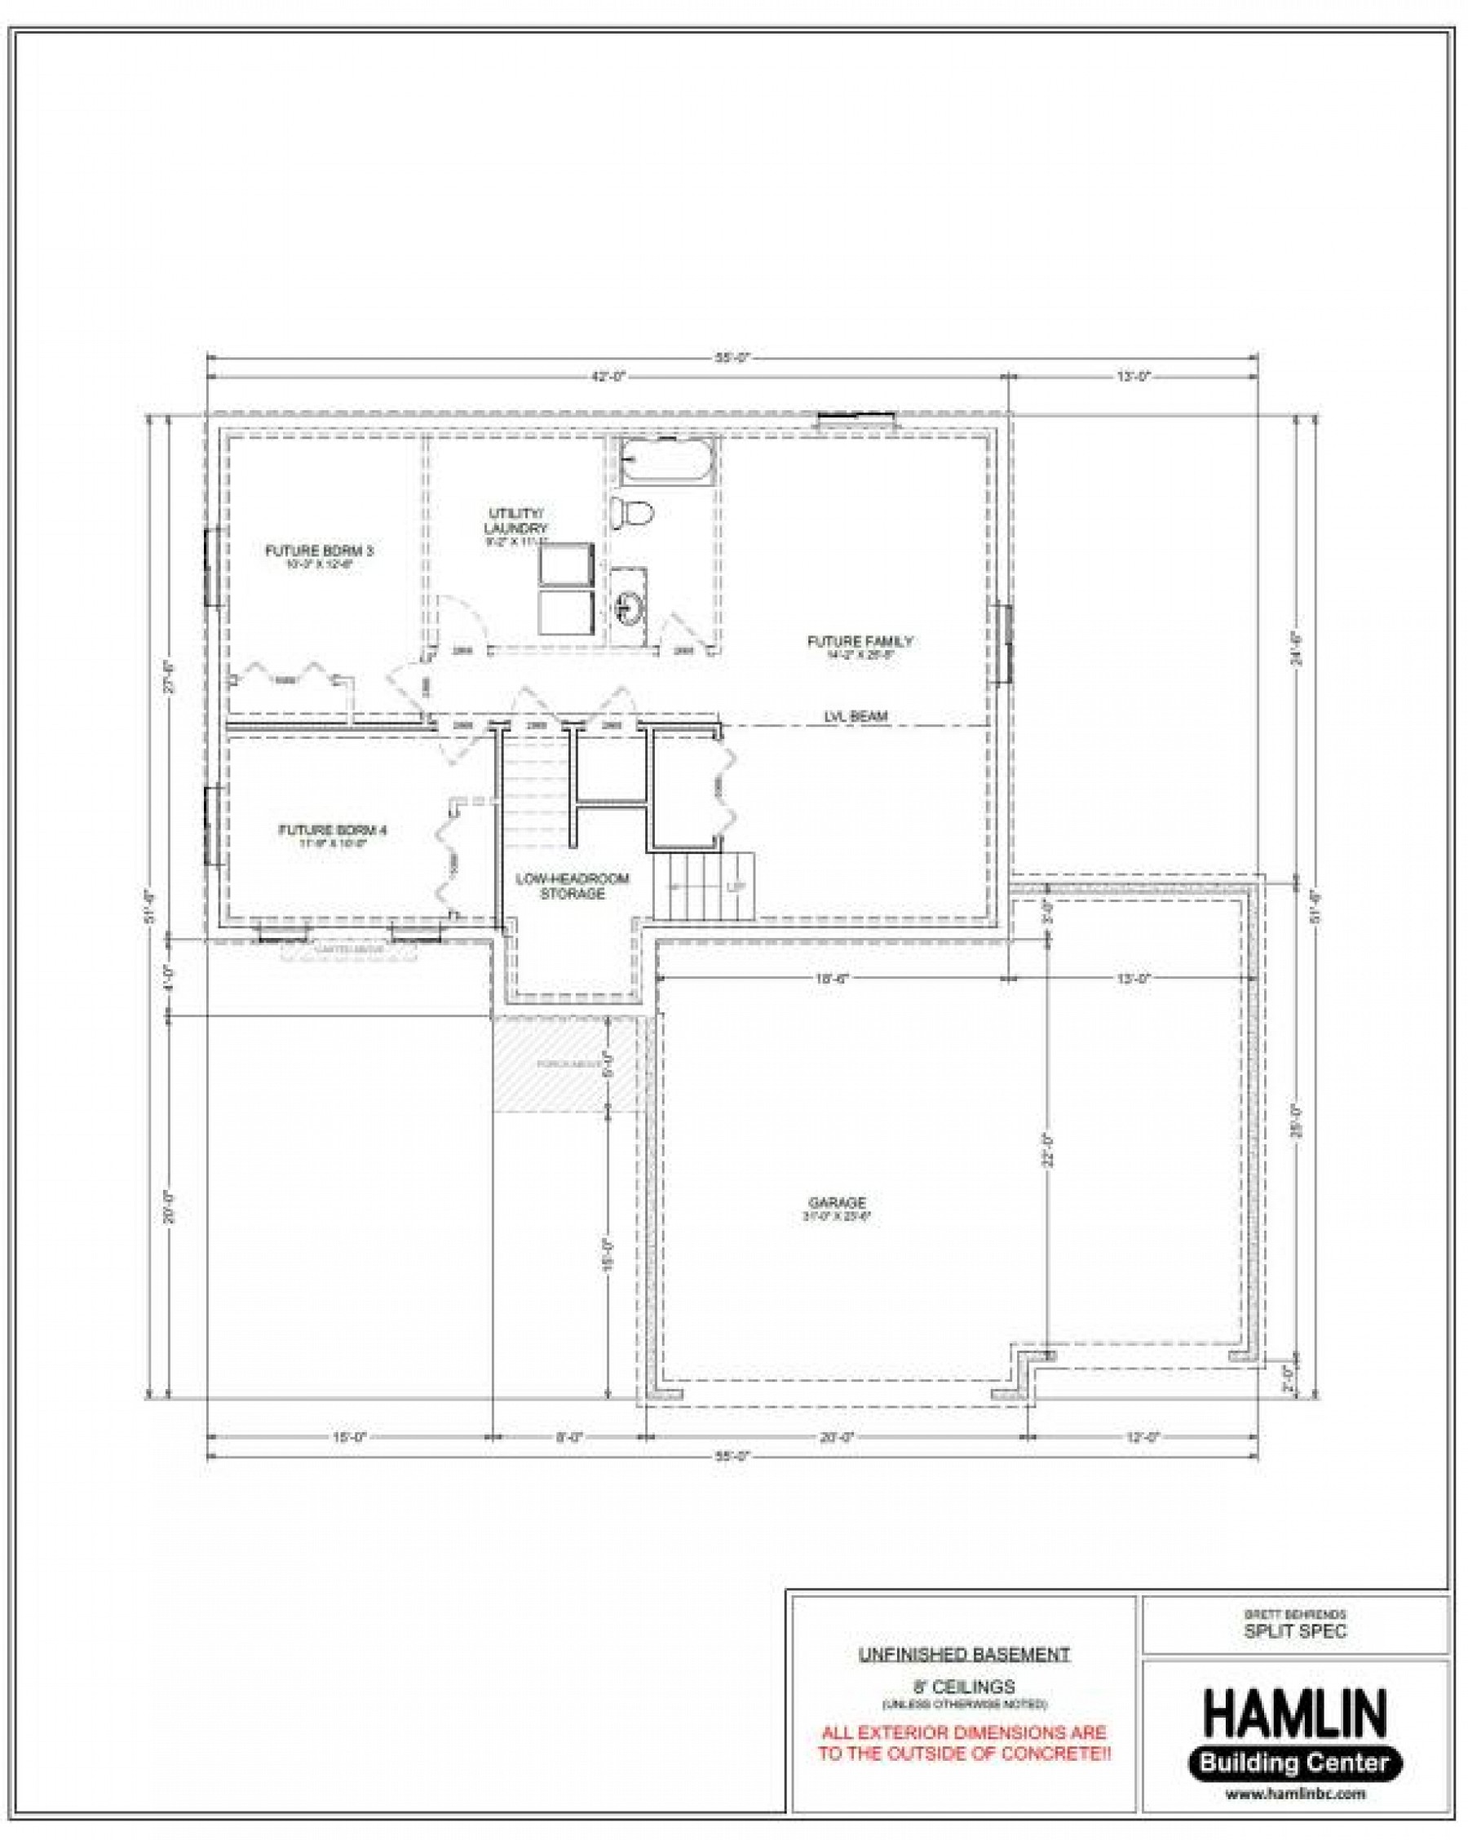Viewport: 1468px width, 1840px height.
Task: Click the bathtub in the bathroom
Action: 665,462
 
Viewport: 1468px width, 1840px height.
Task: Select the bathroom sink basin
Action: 629,607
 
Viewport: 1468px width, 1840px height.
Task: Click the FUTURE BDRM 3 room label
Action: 319,551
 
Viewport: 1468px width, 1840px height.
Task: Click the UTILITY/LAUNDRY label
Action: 515,520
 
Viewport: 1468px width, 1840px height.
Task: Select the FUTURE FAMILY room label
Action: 860,641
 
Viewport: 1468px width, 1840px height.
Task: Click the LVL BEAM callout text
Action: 856,716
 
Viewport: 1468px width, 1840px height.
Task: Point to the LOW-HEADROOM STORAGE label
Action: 572,886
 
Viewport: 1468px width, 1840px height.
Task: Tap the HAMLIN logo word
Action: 1294,1713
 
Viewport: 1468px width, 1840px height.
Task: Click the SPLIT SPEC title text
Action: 1295,1631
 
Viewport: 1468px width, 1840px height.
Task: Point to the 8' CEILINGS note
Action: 964,1687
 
